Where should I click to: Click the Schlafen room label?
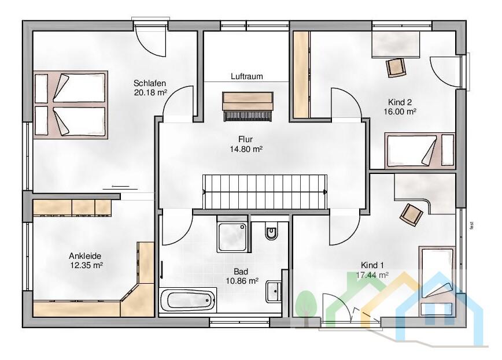pyautogui.click(x=150, y=83)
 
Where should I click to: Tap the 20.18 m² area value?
pyautogui.click(x=150, y=93)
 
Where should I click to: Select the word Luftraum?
pyautogui.click(x=247, y=76)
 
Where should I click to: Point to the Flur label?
pyautogui.click(x=245, y=139)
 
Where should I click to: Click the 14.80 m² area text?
pyautogui.click(x=246, y=149)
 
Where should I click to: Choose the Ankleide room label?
pyautogui.click(x=85, y=255)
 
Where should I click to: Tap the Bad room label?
pyautogui.click(x=241, y=272)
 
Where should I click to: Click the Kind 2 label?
pyautogui.click(x=400, y=102)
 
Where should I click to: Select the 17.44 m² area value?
pyautogui.click(x=372, y=274)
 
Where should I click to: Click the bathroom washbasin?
pyautogui.click(x=274, y=291)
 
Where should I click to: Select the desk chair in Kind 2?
pyautogui.click(x=396, y=68)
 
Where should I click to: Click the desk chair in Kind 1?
pyautogui.click(x=411, y=215)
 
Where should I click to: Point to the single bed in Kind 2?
pyautogui.click(x=420, y=151)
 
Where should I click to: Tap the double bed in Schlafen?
pyautogui.click(x=71, y=105)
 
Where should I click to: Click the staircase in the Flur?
pyautogui.click(x=265, y=192)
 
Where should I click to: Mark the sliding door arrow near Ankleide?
pyautogui.click(x=120, y=186)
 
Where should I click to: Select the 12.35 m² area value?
pyautogui.click(x=86, y=265)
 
